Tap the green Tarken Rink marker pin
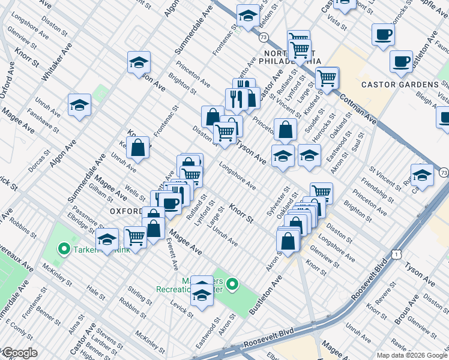[64, 248]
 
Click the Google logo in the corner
[20, 353]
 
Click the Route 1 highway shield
[396, 255]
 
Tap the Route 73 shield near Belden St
[264, 37]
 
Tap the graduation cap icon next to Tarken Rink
[107, 239]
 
